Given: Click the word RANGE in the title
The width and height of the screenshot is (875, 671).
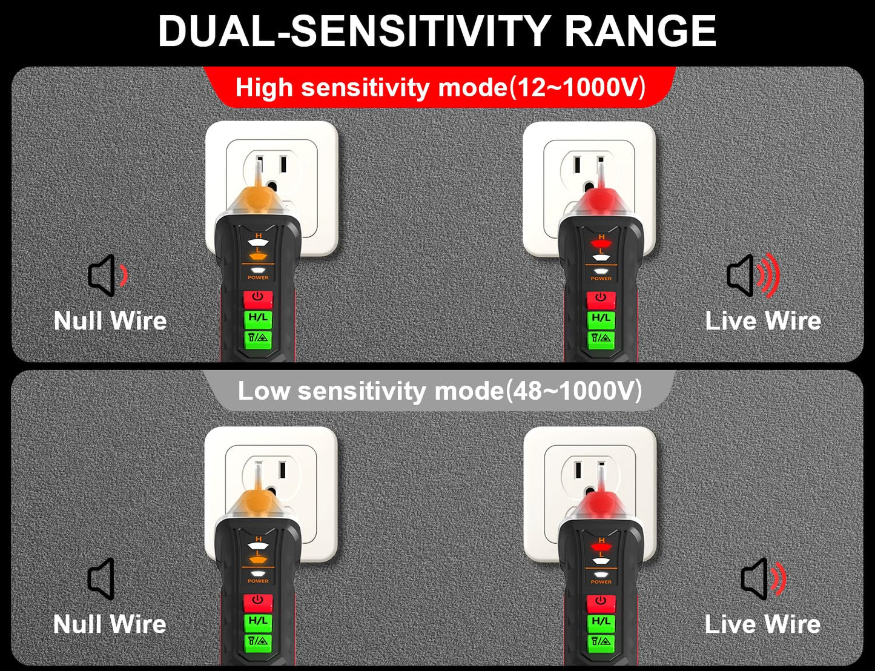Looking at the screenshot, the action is (x=640, y=31).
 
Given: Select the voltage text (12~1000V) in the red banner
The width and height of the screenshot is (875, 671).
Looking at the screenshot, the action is (x=578, y=87).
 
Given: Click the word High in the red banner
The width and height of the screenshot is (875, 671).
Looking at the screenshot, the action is (x=264, y=87).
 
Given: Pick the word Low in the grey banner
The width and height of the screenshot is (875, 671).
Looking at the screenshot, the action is (x=264, y=391).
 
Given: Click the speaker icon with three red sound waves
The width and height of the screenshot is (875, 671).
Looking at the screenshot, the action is (x=753, y=276).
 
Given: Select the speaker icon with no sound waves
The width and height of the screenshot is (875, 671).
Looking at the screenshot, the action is (x=101, y=579).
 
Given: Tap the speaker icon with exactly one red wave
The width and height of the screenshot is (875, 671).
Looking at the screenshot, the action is (x=108, y=276).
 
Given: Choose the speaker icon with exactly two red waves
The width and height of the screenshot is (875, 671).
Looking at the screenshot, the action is (x=763, y=579).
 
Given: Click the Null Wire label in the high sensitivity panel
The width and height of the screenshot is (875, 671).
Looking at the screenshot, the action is (x=110, y=321).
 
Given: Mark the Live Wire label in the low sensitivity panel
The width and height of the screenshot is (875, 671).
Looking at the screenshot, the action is (x=762, y=624).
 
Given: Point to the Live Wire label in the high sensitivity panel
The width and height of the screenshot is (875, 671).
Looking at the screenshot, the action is (x=763, y=321).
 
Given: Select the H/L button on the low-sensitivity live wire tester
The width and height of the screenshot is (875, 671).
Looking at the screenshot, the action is (x=601, y=622).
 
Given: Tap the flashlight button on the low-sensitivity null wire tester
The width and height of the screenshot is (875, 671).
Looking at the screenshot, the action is (x=258, y=641).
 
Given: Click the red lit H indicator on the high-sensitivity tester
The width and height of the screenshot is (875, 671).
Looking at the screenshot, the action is (x=601, y=243).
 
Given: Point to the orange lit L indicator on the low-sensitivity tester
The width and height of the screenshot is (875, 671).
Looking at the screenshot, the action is (x=258, y=560).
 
